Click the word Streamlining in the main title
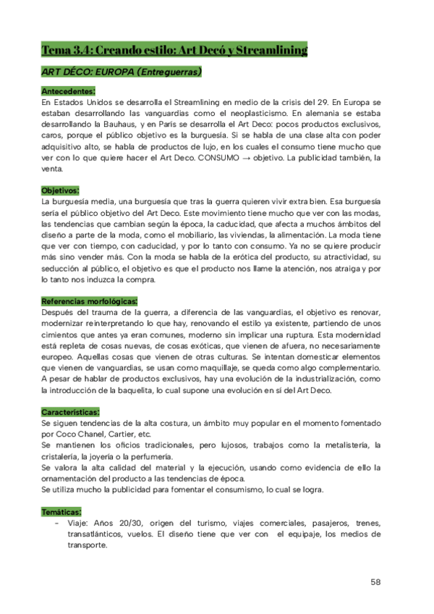(270, 50)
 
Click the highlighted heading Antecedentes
(68, 91)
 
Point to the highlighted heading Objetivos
(61, 190)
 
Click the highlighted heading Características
(71, 411)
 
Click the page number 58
(375, 582)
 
